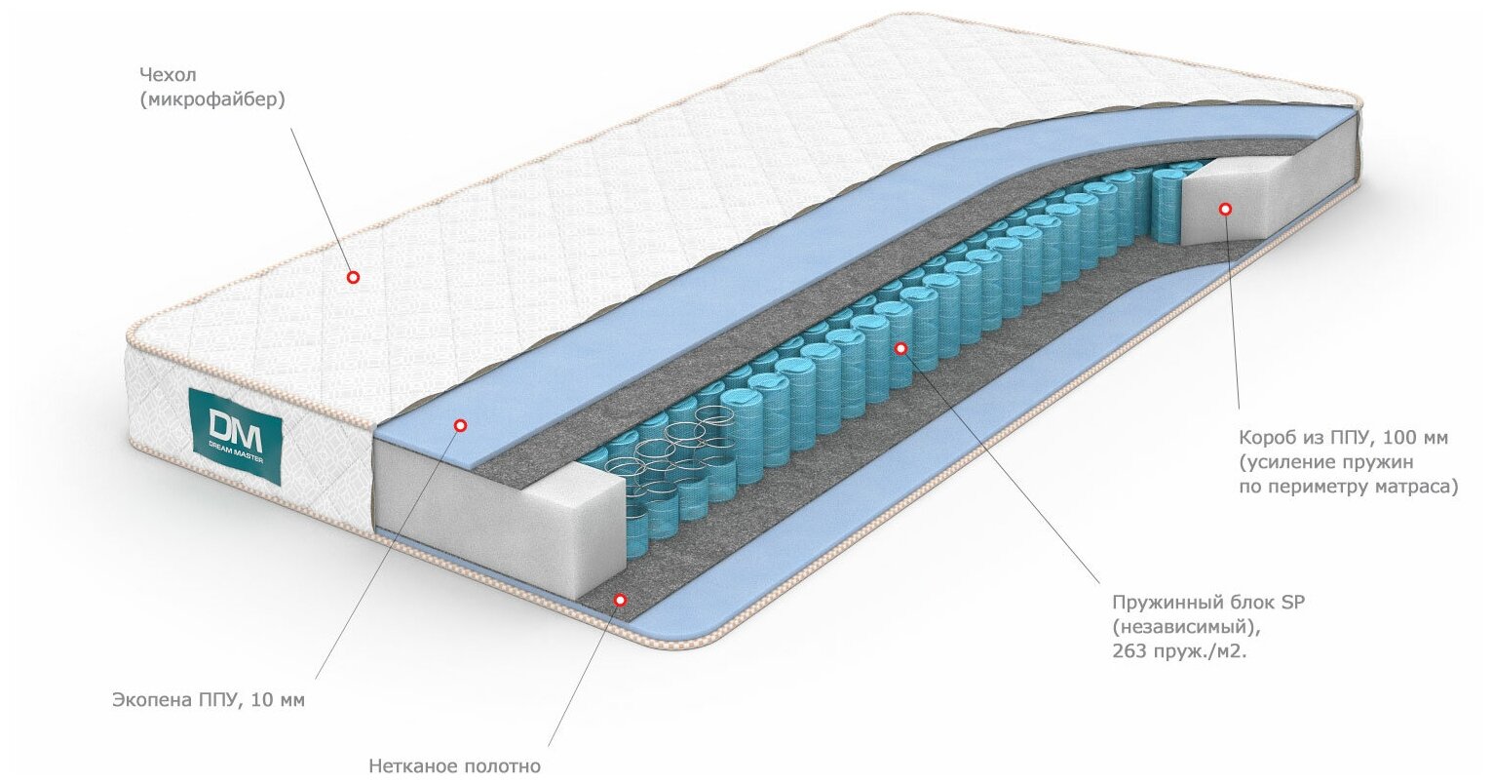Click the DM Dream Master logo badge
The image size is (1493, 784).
(x=234, y=435)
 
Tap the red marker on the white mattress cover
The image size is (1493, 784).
(x=354, y=278)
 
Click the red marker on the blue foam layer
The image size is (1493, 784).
(x=461, y=425)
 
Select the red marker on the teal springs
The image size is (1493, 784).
(x=900, y=348)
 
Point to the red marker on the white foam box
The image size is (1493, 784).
(x=1225, y=209)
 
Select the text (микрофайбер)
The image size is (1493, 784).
(x=212, y=99)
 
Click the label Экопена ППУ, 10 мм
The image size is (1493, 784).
(x=208, y=700)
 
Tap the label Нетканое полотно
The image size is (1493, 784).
(x=454, y=766)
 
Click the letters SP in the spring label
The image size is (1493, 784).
(x=1292, y=603)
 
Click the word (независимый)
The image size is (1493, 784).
(x=1176, y=627)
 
